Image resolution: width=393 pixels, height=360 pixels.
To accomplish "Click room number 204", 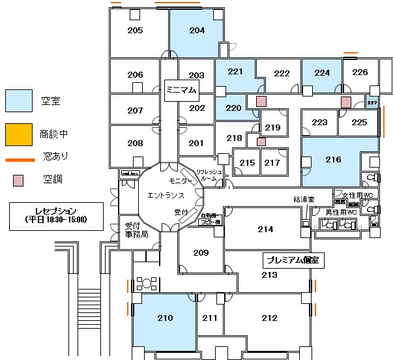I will tap(197, 31).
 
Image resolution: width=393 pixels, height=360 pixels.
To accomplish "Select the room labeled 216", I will tap(333, 160).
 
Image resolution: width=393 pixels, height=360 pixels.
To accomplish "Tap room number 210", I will tap(166, 318).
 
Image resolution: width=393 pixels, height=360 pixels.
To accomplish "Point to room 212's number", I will tap(269, 318).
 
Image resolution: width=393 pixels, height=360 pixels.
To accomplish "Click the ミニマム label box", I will tap(181, 90).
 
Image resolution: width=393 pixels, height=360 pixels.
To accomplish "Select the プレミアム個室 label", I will tap(293, 260).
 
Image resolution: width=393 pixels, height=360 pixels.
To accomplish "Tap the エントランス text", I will tap(166, 195).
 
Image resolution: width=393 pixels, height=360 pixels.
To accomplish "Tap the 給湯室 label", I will tap(304, 199).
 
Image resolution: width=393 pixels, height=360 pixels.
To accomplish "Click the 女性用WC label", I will tap(358, 195).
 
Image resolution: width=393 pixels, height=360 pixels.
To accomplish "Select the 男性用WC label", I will tap(342, 212).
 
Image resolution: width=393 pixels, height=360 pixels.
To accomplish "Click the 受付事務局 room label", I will tap(137, 230).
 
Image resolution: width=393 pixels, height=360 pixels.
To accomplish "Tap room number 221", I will tap(235, 72).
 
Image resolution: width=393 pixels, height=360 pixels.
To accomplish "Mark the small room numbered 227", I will tap(372, 102).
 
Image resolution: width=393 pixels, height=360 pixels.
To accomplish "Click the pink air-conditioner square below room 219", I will tap(261, 142).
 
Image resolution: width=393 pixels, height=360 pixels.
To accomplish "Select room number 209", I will tap(201, 253).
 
